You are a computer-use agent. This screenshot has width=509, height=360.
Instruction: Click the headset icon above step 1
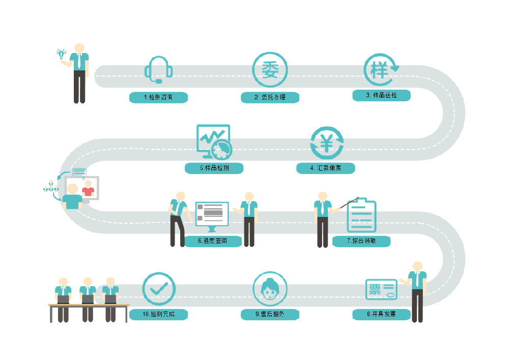click(158, 70)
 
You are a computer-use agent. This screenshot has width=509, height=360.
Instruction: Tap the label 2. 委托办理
click(270, 97)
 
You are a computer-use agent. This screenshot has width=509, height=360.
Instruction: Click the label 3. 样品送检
click(381, 95)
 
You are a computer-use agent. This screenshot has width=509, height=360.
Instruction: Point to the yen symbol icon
click(327, 144)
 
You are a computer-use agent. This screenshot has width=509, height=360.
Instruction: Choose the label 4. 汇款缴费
click(326, 168)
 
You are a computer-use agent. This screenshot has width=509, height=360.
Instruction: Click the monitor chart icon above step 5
click(214, 141)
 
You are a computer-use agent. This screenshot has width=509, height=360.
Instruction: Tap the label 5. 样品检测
click(214, 168)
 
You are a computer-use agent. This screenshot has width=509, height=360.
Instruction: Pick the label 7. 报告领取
click(361, 241)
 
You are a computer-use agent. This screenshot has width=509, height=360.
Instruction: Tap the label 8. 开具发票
click(381, 314)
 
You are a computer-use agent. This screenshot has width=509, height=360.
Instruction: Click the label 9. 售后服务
click(270, 315)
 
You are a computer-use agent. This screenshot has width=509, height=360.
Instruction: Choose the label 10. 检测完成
click(159, 315)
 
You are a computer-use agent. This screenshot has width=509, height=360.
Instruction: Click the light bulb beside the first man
click(62, 53)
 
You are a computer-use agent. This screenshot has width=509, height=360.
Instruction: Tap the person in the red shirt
click(88, 188)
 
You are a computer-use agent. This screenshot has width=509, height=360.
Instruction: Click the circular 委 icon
click(270, 70)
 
